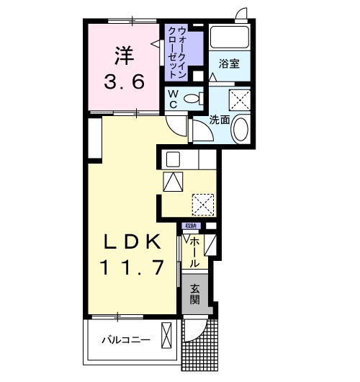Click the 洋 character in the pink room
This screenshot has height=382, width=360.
[x=124, y=53]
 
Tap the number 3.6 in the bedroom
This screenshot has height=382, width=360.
[x=123, y=81]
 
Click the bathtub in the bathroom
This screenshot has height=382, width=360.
[x=229, y=39]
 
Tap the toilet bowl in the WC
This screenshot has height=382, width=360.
[x=192, y=99]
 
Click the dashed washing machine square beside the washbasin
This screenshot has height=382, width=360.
[x=240, y=98]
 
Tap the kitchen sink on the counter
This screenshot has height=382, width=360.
[x=173, y=159]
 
